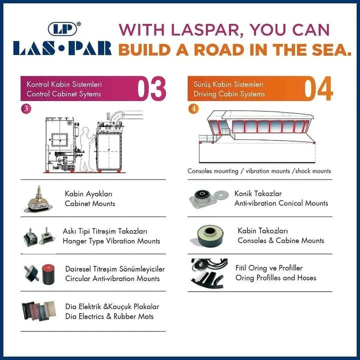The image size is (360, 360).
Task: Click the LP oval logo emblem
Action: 62,29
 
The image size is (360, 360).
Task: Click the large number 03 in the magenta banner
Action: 151,88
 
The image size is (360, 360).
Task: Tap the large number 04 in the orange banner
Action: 318,88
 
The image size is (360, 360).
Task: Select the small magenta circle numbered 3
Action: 26,108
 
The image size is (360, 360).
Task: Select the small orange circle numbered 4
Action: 193,108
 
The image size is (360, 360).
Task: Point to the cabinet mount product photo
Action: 38,199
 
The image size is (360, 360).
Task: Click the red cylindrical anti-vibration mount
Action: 48,274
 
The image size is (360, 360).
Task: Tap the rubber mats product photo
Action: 38,311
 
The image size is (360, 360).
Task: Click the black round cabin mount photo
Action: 207,236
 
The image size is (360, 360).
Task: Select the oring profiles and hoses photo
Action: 209,273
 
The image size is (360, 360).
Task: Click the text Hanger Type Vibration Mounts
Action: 111,241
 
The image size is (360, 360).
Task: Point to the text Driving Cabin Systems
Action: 229,94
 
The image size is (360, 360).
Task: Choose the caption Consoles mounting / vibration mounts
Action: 239,171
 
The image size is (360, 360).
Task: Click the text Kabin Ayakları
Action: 88,194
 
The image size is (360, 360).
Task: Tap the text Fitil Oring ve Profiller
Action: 269,268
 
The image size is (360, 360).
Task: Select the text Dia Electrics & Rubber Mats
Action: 109,316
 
